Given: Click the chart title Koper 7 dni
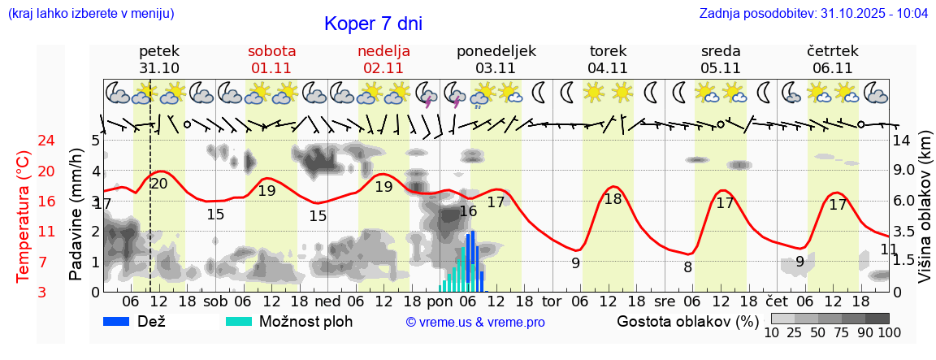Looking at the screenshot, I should click(x=373, y=24).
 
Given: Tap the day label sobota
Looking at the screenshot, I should click(x=272, y=51).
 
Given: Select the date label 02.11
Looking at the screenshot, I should click(x=383, y=68).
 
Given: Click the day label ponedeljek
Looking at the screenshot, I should click(x=496, y=51).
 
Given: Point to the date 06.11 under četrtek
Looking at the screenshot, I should click(x=832, y=68).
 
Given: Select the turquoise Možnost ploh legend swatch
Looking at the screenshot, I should click(x=239, y=321).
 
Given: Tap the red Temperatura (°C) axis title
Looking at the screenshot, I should click(x=24, y=216).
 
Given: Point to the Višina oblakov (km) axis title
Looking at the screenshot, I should click(x=925, y=215).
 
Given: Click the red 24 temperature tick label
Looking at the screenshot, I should click(x=24, y=141).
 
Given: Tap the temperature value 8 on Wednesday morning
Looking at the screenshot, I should click(x=687, y=267).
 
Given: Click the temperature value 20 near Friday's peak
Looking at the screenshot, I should click(x=159, y=184).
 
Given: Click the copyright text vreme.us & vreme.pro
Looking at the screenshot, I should click(x=475, y=323).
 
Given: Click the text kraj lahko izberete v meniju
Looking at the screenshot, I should click(x=90, y=14).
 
